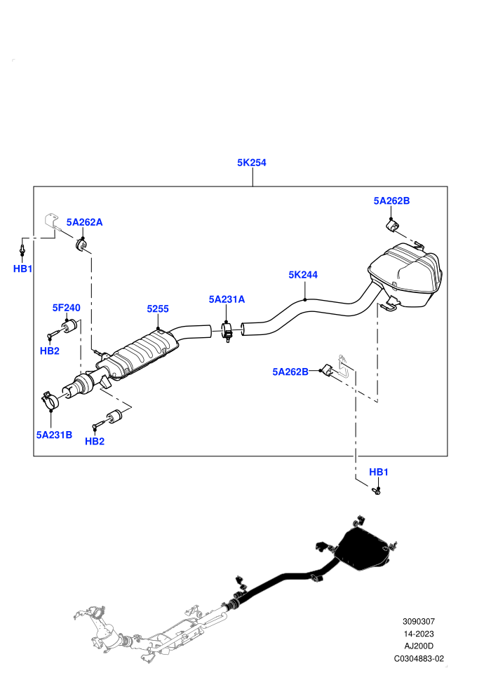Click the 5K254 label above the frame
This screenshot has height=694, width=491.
coord(252,163)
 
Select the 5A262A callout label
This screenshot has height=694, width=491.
coord(85,222)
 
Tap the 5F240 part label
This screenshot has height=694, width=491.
coord(67,308)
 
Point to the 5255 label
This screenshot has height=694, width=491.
coord(158,309)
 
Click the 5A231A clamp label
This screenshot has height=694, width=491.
coord(227,299)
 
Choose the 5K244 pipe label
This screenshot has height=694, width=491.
coord(303,275)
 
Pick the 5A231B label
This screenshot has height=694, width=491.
coord(54,435)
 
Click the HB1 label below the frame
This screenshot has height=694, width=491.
coord(379,472)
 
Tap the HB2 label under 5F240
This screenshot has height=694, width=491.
coord(50,351)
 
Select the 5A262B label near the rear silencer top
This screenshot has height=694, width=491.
coord(391,201)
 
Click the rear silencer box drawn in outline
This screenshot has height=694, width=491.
coord(405,274)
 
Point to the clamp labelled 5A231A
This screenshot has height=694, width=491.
coord(227,332)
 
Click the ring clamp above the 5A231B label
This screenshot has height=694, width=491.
coord(52,400)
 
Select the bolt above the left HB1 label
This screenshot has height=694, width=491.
coord(22,248)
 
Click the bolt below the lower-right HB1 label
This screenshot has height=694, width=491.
coord(377,491)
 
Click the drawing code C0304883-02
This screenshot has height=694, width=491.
coord(418,658)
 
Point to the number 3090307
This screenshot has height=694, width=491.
coord(418,621)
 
